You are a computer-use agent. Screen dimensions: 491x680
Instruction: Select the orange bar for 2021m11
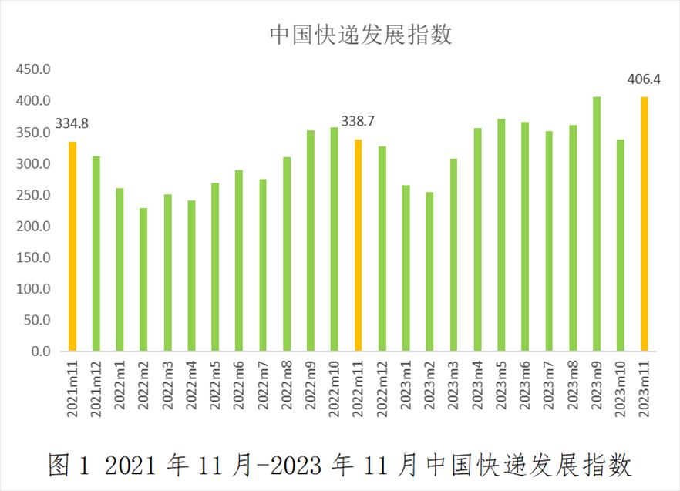(x=72, y=247)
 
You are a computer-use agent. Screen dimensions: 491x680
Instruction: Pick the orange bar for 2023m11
(x=645, y=224)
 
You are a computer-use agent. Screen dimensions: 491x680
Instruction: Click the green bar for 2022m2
(x=143, y=280)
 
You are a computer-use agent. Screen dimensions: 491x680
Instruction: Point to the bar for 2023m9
(x=597, y=224)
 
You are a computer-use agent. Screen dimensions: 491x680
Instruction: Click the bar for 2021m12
(x=96, y=254)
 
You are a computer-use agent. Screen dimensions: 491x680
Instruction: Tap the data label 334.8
(x=72, y=123)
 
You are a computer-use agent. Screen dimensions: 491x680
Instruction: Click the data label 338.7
(x=358, y=121)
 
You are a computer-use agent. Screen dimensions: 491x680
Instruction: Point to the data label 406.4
(x=645, y=79)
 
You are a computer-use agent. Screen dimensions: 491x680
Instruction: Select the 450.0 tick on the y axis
(x=35, y=70)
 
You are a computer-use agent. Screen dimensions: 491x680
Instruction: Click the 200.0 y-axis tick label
(x=35, y=227)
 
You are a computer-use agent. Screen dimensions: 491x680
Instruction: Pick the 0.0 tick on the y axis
(x=40, y=351)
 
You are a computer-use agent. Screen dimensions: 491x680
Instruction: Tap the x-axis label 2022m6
(x=239, y=389)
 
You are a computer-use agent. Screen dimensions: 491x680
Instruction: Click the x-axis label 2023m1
(x=406, y=389)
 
